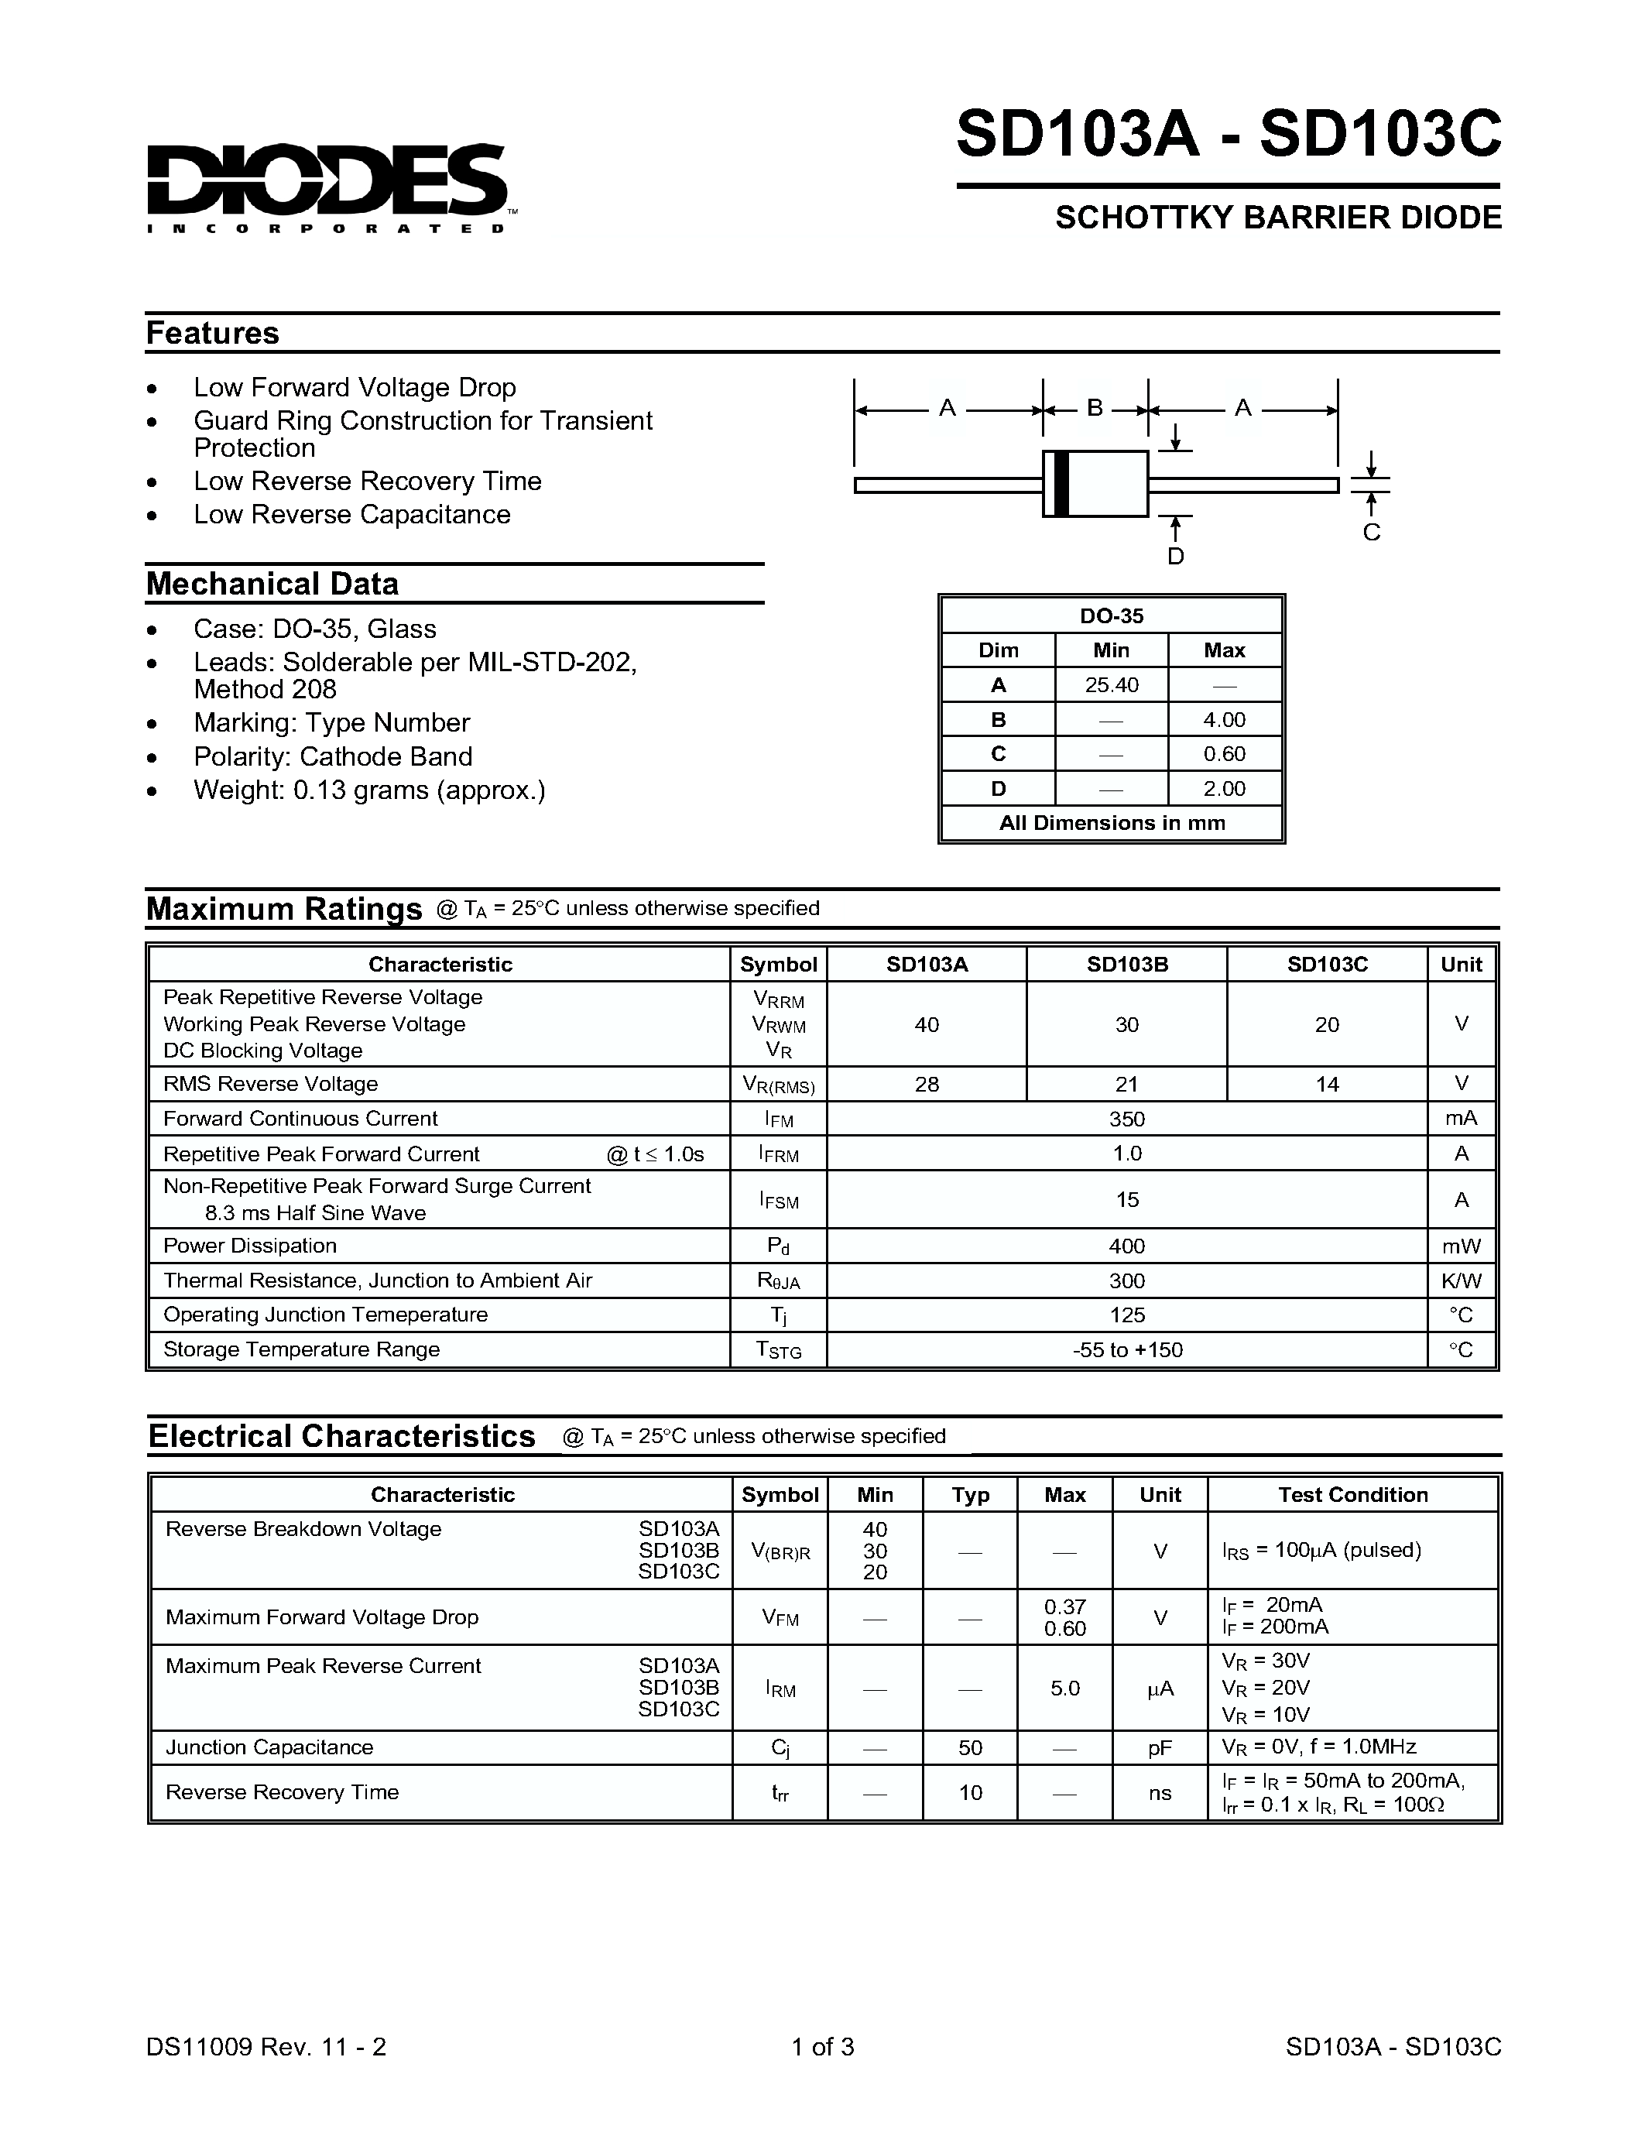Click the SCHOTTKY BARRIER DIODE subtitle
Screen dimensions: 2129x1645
click(x=1277, y=218)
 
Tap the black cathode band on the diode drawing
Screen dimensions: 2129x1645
click(x=1062, y=484)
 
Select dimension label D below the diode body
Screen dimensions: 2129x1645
click(x=1175, y=557)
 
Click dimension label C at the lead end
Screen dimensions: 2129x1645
click(x=1371, y=533)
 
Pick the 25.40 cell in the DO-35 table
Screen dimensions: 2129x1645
click(x=1111, y=685)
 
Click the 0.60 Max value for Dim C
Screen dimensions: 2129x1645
click(x=1224, y=753)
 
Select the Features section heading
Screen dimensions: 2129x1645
click(x=212, y=334)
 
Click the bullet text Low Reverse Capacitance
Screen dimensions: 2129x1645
click(x=351, y=515)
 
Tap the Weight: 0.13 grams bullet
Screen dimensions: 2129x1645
click(x=369, y=790)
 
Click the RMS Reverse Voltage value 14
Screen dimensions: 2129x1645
click(x=1326, y=1084)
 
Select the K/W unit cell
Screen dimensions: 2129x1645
click(x=1461, y=1281)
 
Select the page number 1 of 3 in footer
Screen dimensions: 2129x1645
click(x=822, y=2047)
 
